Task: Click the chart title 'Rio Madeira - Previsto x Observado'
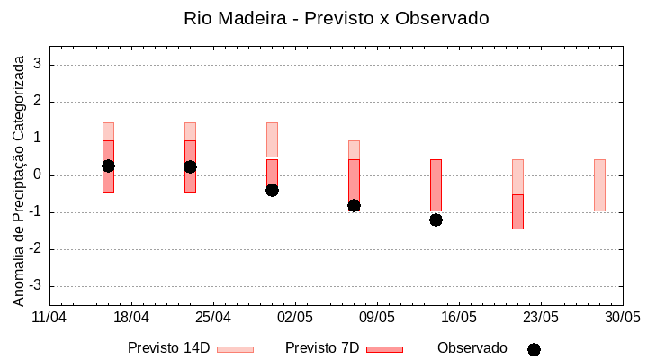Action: point(337,18)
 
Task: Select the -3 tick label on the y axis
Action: point(35,286)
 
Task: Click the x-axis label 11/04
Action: point(49,318)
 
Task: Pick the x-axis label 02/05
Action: point(294,318)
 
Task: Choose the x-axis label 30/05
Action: point(622,318)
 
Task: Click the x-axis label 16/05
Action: point(458,318)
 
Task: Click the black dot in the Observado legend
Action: point(534,349)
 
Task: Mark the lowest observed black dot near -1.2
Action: point(436,220)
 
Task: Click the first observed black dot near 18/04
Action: point(108,166)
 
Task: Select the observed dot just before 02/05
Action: point(272,190)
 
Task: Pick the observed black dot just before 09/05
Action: point(354,205)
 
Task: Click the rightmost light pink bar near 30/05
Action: point(599,184)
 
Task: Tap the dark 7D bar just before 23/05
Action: point(517,212)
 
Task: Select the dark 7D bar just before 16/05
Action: point(436,184)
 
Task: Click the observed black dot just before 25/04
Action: point(190,166)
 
